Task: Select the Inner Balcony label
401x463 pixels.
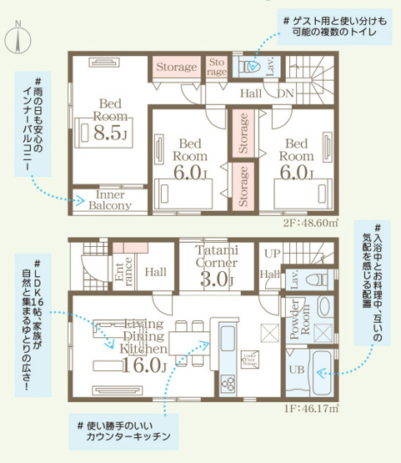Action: click(110, 199)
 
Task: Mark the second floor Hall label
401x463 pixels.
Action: click(250, 93)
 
